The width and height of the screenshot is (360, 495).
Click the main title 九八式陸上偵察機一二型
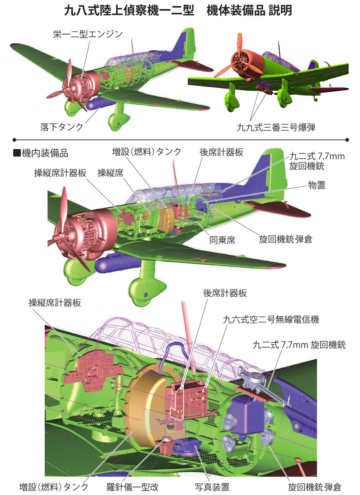tap(129, 10)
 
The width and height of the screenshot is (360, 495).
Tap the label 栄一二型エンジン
tap(88, 34)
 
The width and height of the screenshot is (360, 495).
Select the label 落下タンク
tap(62, 127)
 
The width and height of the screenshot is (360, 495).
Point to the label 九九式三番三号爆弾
tap(276, 127)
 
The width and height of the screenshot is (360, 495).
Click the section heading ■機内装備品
tap(41, 153)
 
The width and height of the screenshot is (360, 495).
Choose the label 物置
tap(317, 185)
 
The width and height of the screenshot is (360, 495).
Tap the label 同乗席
tap(222, 240)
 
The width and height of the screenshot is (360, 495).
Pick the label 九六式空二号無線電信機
tap(271, 319)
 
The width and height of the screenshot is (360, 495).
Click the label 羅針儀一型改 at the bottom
tap(132, 487)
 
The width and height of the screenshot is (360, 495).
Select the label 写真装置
tap(212, 487)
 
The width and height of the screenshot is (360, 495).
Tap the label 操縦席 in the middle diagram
tap(111, 173)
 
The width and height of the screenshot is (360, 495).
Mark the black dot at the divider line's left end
tap(15, 140)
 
